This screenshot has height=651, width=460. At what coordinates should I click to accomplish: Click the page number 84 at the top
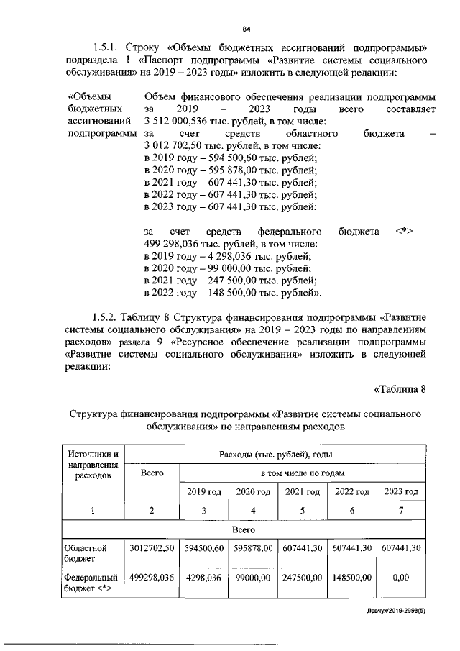point(246,29)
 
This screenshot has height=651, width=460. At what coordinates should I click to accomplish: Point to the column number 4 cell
point(252,510)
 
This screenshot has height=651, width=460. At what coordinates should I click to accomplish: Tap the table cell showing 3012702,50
point(152,548)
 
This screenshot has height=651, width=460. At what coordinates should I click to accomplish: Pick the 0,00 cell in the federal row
point(400,577)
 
